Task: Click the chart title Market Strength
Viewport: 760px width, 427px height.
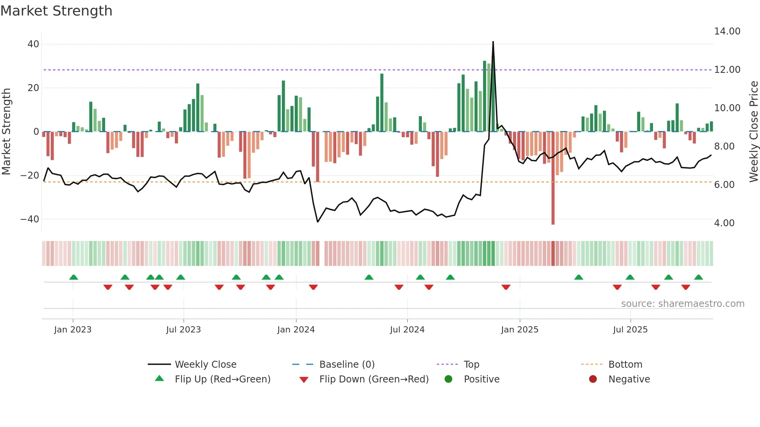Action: pyautogui.click(x=56, y=11)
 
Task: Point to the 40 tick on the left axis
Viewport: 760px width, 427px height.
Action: pyautogui.click(x=33, y=44)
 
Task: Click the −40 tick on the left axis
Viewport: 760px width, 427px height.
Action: pyautogui.click(x=30, y=219)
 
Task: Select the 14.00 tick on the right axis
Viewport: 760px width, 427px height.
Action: pyautogui.click(x=727, y=31)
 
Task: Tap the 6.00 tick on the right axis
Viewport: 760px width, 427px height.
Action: pyautogui.click(x=724, y=185)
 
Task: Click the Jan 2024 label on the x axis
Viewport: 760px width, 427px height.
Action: pyautogui.click(x=296, y=330)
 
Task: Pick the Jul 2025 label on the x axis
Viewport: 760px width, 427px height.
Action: pyautogui.click(x=630, y=330)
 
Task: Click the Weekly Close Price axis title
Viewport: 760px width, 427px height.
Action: pyautogui.click(x=753, y=131)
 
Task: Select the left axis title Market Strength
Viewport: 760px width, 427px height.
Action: pyautogui.click(x=7, y=131)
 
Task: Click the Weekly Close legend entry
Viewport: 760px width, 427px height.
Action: pyautogui.click(x=205, y=365)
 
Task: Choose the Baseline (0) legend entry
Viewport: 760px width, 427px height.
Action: pyautogui.click(x=347, y=365)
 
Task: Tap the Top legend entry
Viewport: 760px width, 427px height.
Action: pyautogui.click(x=472, y=365)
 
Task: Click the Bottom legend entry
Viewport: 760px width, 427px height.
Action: pyautogui.click(x=625, y=365)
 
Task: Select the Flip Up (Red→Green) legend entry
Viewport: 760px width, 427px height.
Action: pyautogui.click(x=222, y=379)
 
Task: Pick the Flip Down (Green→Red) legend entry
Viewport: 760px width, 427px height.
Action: pyautogui.click(x=374, y=379)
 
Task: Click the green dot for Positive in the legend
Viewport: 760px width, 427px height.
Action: pyautogui.click(x=449, y=379)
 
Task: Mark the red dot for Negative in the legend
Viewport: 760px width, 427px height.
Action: pyautogui.click(x=593, y=379)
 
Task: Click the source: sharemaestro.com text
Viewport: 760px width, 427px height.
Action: pyautogui.click(x=682, y=304)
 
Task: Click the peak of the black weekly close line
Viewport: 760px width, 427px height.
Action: pyautogui.click(x=493, y=42)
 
